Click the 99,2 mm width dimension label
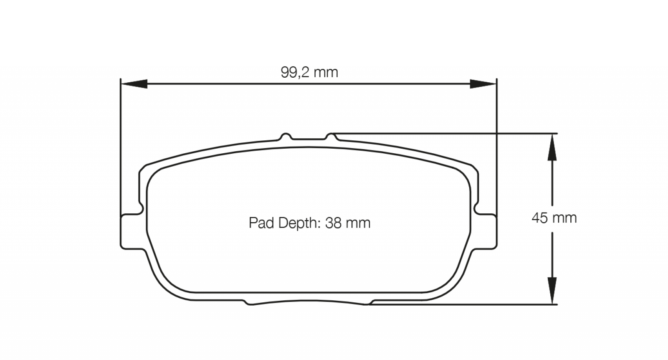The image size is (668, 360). coord(309,73)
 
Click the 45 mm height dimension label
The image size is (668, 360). coord(554,218)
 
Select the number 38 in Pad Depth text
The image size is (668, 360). coord(334,223)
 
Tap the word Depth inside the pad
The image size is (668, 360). coord(298,223)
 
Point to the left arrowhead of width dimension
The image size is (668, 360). coord(134,84)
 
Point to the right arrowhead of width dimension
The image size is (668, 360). coord(483,84)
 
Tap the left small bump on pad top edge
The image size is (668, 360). coord(286,136)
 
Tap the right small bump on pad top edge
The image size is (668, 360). coord(331,136)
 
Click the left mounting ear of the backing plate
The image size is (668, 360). coord(130,232)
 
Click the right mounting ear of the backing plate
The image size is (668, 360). coord(487,232)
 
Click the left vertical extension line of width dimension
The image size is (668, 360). coord(120,146)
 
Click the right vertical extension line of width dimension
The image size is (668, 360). coord(497,146)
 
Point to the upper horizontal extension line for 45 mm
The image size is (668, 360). coord(443,134)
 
